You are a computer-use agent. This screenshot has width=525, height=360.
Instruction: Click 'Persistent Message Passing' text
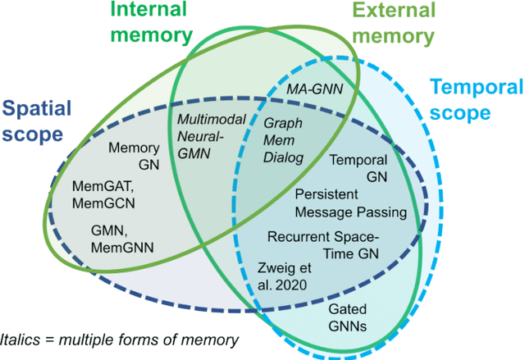[350, 203]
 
